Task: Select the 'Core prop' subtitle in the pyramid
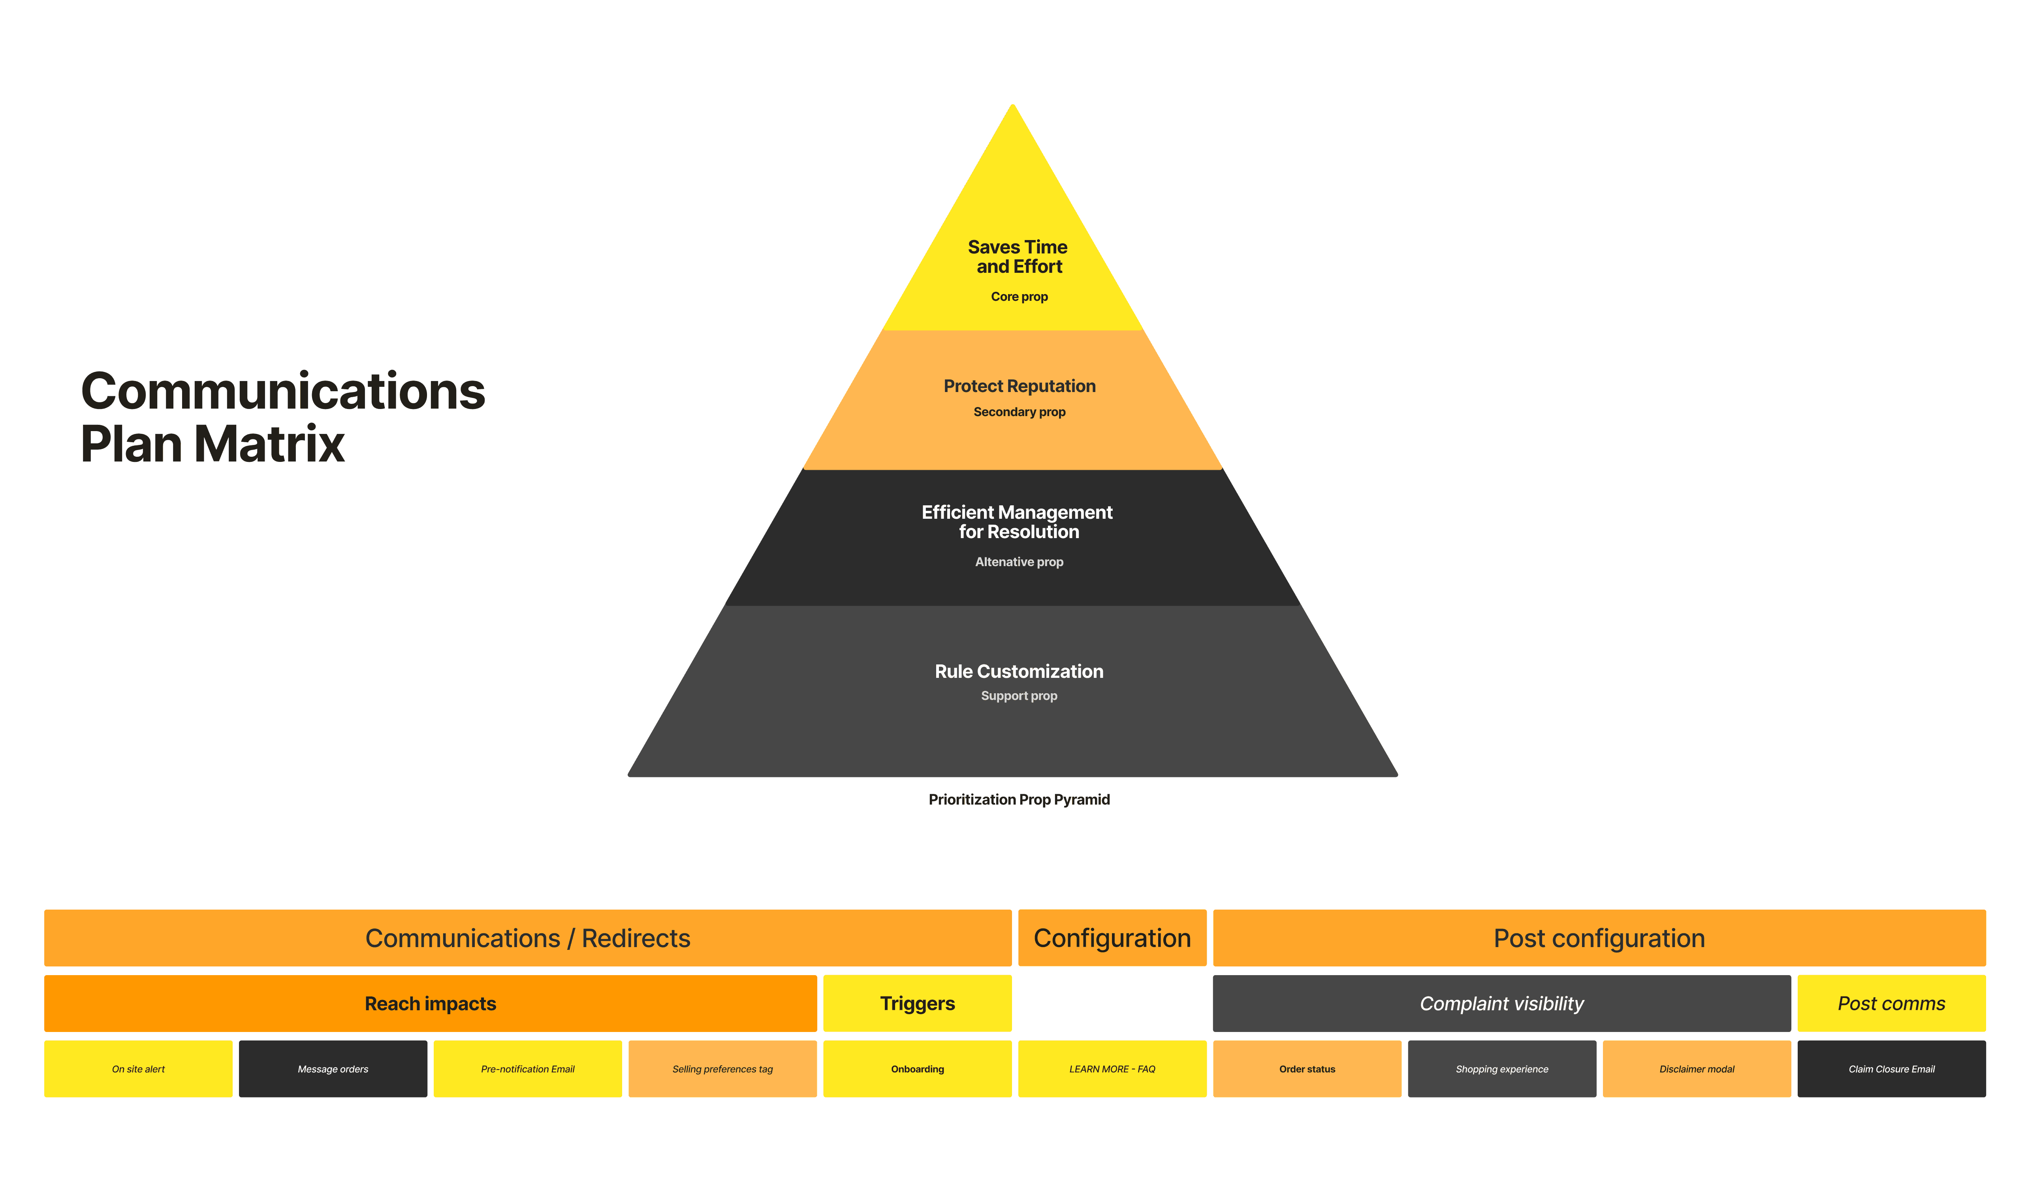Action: tap(1019, 296)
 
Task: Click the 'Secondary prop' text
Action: tap(1019, 411)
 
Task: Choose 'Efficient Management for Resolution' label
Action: tap(1017, 522)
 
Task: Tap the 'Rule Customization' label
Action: tap(1019, 671)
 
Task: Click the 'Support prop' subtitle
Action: tap(1019, 696)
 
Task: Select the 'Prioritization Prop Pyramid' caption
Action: tap(1019, 799)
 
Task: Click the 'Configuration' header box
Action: tap(1112, 938)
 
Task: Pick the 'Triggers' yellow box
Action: tap(917, 1004)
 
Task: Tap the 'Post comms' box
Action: tap(1891, 1004)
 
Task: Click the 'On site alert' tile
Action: tap(138, 1069)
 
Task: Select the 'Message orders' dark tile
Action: tap(333, 1069)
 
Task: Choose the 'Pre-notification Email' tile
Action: tap(527, 1069)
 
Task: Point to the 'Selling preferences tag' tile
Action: tap(722, 1069)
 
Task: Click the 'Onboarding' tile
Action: tap(917, 1069)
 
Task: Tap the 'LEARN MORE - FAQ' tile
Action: tap(1112, 1069)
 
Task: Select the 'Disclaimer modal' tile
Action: tap(1697, 1069)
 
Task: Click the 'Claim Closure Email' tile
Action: tap(1891, 1069)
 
